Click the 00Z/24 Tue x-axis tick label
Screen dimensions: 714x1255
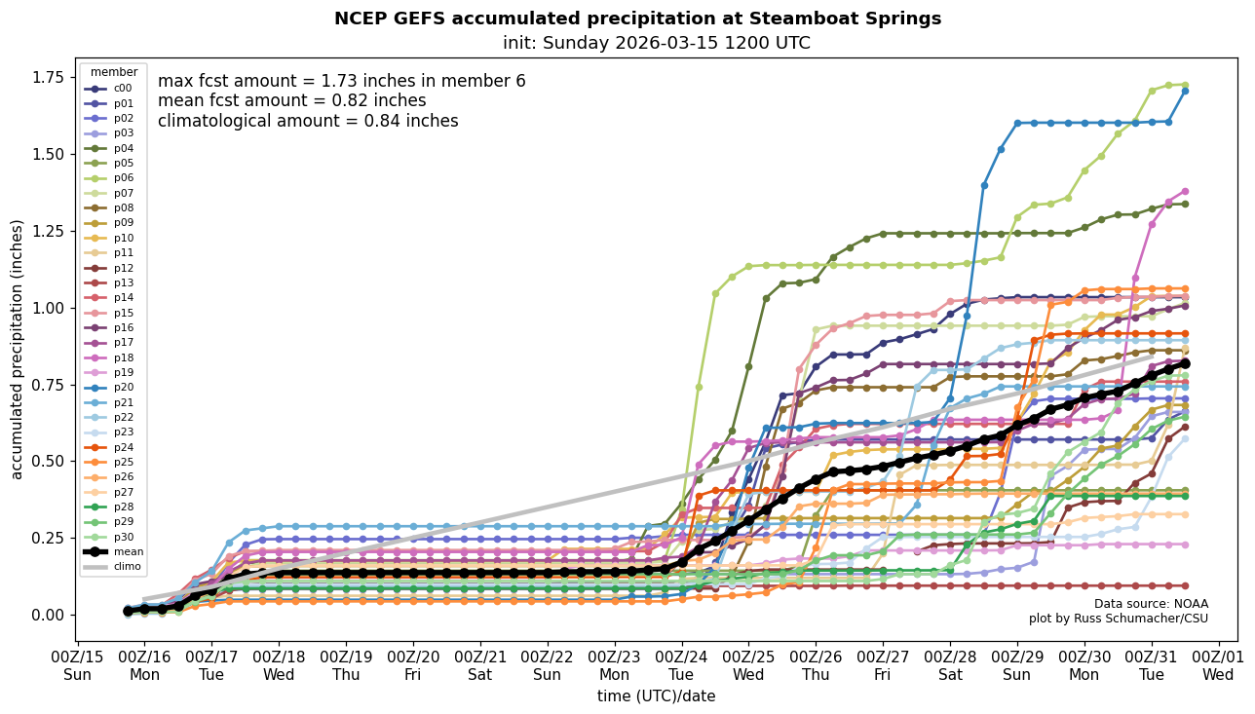681,668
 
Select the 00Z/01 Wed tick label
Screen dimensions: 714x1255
1218,668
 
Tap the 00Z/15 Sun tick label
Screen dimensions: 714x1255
77,668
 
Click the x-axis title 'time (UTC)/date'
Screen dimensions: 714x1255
656,696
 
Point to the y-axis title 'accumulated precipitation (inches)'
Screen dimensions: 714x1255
18,349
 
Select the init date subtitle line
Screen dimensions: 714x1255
656,43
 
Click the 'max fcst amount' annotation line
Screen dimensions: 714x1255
341,81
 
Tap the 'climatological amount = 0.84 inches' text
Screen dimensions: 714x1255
308,121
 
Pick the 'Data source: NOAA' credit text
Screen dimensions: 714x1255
1151,604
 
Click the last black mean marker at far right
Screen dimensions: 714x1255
1185,363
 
